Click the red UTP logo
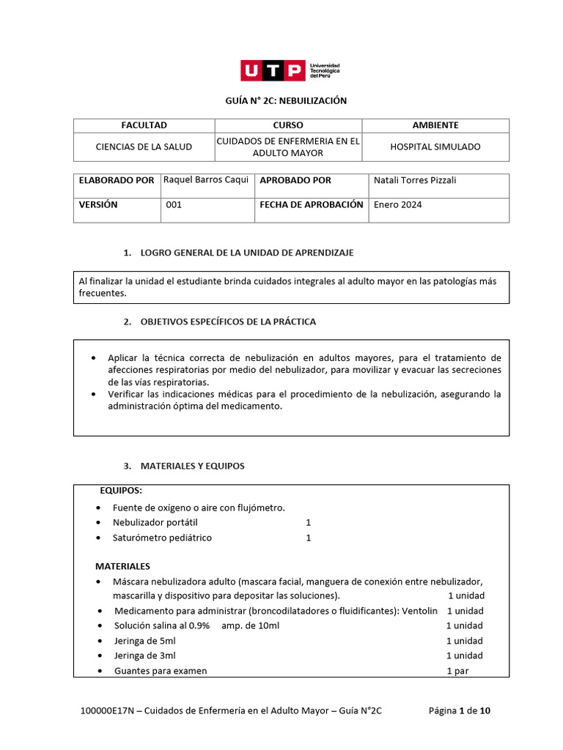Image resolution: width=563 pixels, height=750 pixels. [273, 70]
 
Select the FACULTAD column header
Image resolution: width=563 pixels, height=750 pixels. [144, 125]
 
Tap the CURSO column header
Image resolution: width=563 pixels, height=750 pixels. [287, 125]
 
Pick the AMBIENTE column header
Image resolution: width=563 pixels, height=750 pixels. [435, 125]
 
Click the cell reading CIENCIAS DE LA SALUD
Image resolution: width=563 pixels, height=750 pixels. [144, 146]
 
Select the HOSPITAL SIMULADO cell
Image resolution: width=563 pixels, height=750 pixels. [435, 146]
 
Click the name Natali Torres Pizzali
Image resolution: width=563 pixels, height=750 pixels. [414, 180]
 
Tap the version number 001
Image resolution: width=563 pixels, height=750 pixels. [174, 205]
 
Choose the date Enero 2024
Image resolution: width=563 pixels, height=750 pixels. [397, 205]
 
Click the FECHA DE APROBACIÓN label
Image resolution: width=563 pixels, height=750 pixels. [311, 205]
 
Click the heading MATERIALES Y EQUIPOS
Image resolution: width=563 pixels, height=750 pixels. [192, 466]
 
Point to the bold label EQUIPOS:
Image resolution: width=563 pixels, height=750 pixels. [121, 490]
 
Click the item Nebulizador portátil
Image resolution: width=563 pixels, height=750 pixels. [155, 522]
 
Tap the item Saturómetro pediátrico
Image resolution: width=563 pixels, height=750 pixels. [162, 538]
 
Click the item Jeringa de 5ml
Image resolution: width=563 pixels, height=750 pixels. [144, 641]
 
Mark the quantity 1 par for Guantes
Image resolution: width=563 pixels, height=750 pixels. [457, 671]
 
